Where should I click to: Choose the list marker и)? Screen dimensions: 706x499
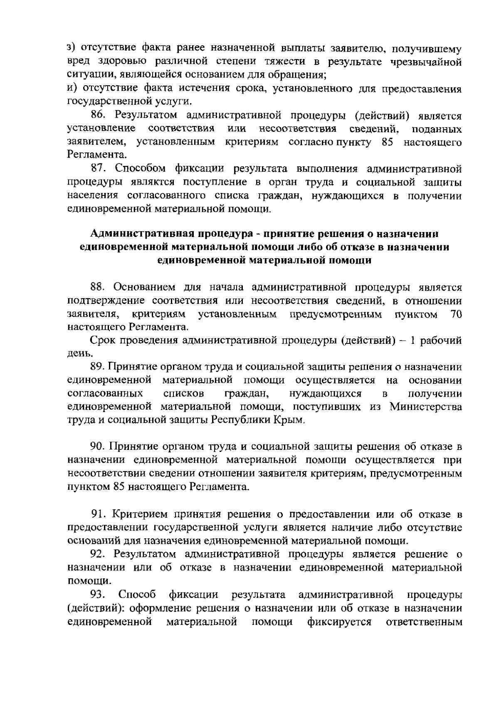(x=73, y=89)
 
